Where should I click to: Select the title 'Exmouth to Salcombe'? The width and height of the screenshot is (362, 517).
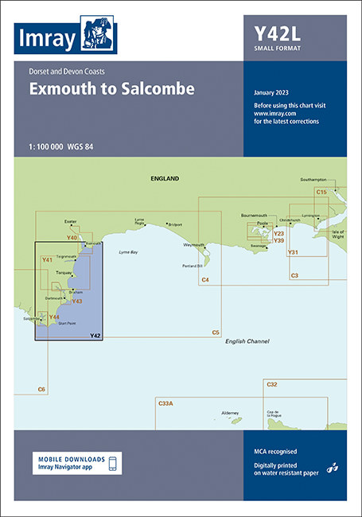tap(111, 89)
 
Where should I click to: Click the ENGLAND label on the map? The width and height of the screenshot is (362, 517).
tap(165, 180)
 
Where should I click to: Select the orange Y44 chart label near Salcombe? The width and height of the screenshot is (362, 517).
tap(54, 317)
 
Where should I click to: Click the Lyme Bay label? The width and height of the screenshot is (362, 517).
tap(128, 252)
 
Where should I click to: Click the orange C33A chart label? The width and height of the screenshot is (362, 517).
tap(165, 404)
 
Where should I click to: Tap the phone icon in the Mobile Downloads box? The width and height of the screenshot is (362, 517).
tap(112, 464)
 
